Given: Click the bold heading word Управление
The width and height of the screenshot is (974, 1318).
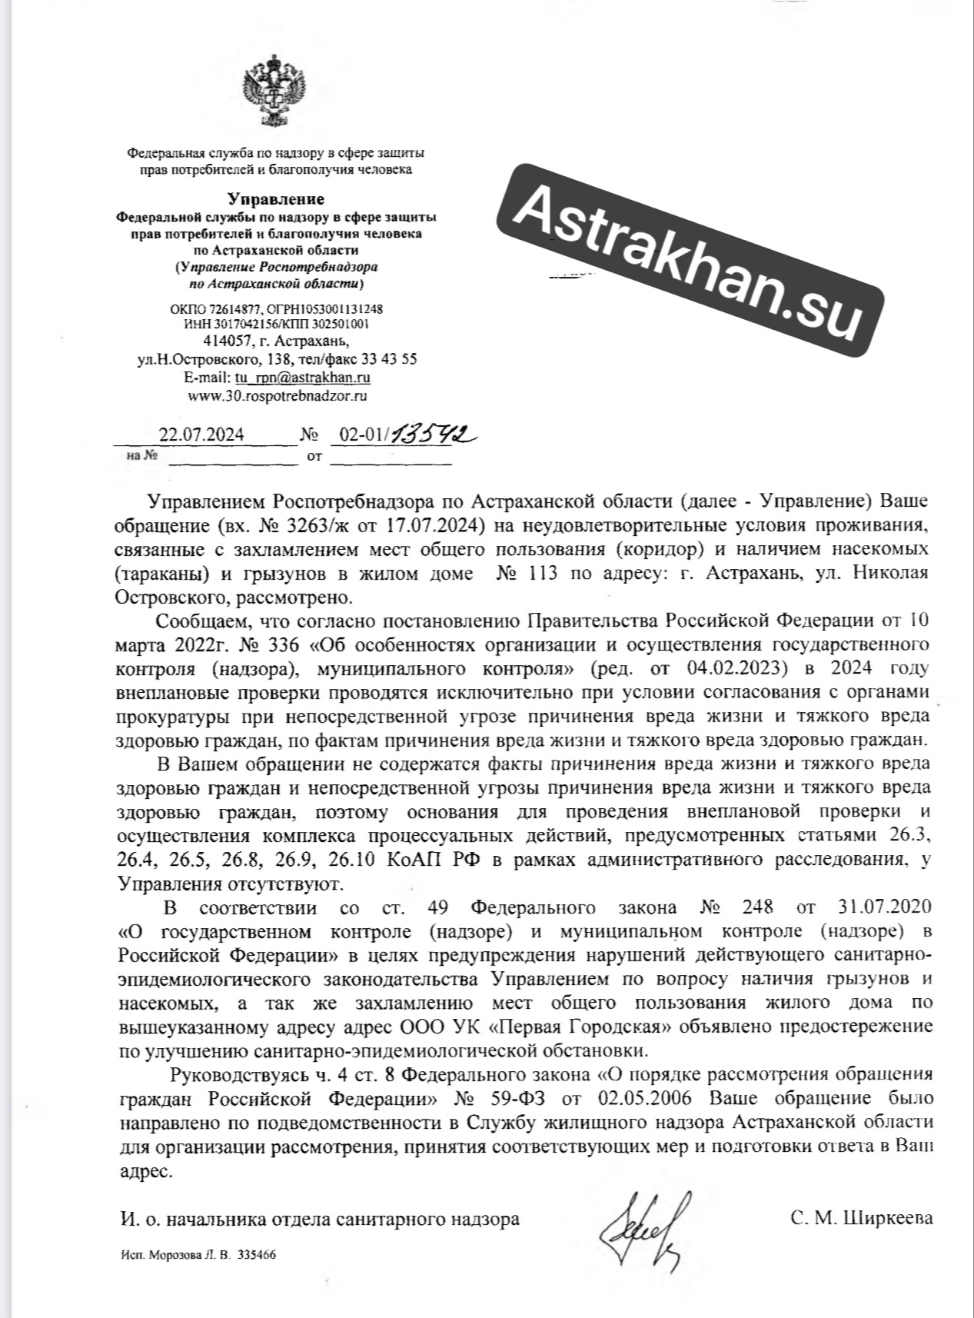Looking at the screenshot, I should tap(274, 201).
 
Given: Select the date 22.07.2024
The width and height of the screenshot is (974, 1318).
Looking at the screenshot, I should tap(201, 435).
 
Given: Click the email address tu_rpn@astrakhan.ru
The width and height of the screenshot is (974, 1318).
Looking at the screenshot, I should tap(303, 378).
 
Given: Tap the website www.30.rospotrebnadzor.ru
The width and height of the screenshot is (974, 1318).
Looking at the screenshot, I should tap(277, 396).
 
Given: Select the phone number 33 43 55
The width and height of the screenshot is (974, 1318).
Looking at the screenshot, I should tap(391, 359).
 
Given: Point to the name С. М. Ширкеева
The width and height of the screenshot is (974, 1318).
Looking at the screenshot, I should tap(861, 1219).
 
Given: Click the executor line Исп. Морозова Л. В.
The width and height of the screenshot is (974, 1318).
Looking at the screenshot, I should tap(178, 1254).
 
